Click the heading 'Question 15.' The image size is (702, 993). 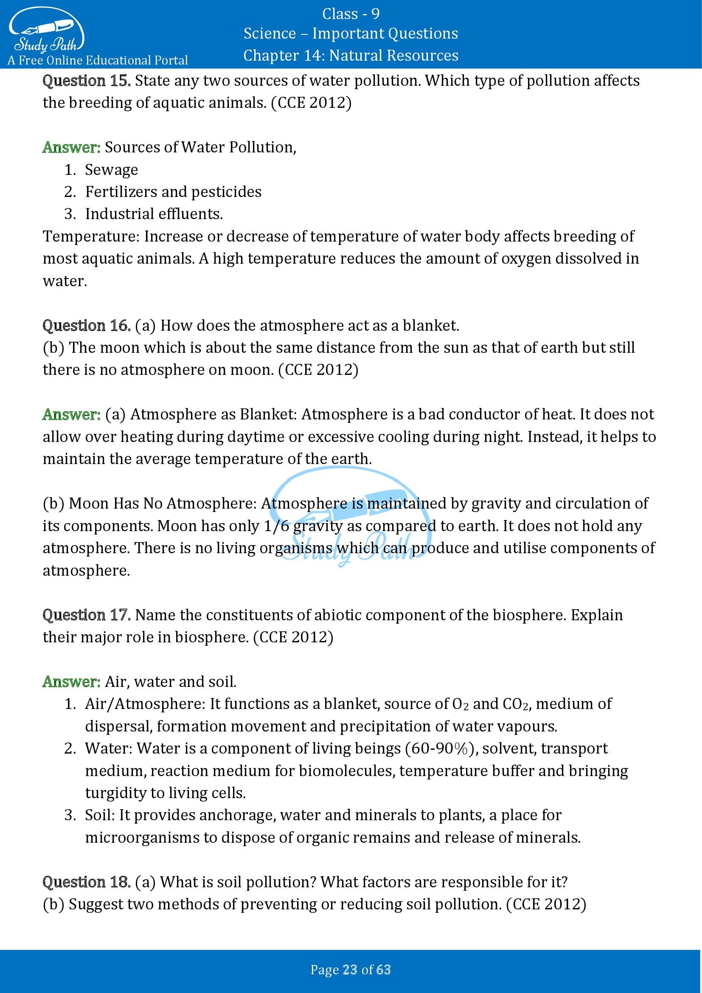tap(87, 81)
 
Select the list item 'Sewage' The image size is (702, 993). tap(111, 170)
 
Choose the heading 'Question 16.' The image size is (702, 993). tap(87, 326)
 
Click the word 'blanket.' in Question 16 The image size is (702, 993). tap(431, 326)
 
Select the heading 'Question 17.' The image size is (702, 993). tap(87, 615)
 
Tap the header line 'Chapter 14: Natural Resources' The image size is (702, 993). tap(351, 55)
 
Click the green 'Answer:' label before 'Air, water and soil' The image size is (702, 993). tap(71, 682)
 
